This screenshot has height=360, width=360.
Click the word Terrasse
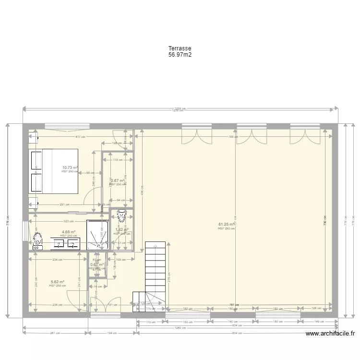click(180, 48)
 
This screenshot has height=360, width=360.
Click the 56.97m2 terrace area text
click(180, 55)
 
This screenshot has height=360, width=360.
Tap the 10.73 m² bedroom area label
click(70, 168)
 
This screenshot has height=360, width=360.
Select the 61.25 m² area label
click(227, 224)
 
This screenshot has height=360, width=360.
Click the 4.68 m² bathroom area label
click(69, 232)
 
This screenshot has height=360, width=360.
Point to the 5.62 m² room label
click(57, 282)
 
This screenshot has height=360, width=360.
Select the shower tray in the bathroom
click(97, 235)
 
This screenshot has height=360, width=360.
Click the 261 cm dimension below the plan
click(55, 333)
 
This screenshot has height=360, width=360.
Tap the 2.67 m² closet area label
click(118, 180)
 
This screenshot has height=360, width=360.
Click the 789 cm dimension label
click(233, 137)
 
